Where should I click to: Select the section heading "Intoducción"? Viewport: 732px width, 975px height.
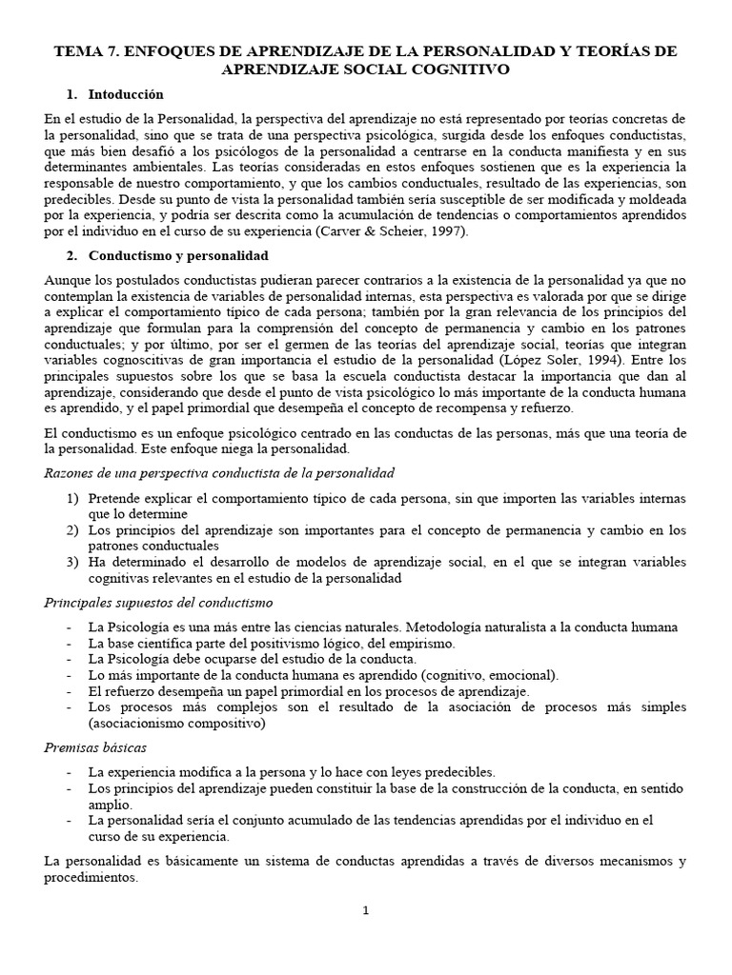(x=126, y=94)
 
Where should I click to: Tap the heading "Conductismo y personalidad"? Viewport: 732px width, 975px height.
(x=178, y=256)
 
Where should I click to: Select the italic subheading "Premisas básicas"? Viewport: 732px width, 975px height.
(x=95, y=748)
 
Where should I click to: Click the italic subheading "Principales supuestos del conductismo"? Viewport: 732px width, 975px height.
(x=158, y=603)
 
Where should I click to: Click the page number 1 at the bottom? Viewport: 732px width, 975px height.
(x=365, y=910)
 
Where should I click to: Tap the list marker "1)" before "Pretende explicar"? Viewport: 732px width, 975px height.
(x=73, y=499)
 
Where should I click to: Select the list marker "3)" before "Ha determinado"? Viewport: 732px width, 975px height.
(x=73, y=562)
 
